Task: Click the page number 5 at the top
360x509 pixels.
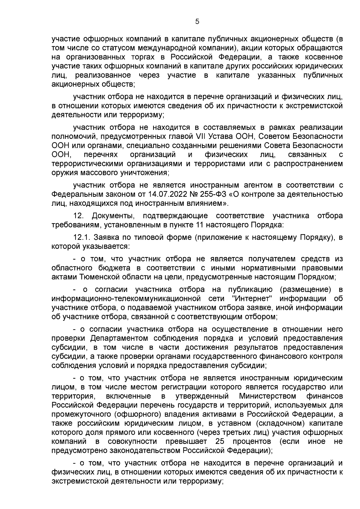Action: [x=197, y=22]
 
